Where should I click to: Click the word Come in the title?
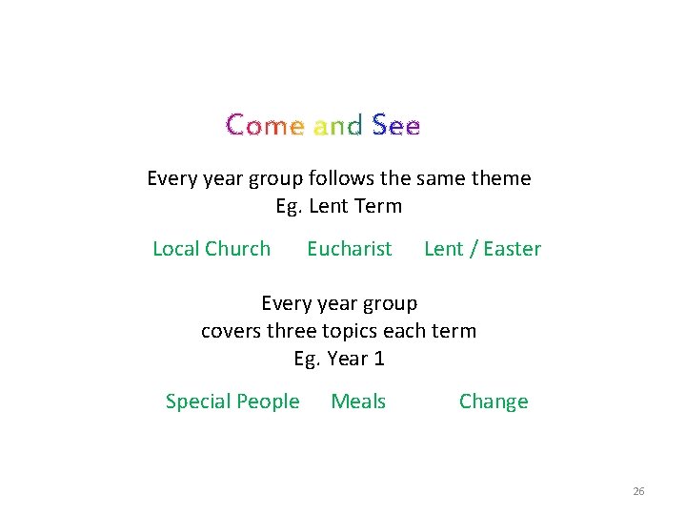click(265, 125)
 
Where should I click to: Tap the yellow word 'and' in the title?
click(337, 125)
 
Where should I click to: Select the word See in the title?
click(395, 125)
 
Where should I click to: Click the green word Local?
click(175, 249)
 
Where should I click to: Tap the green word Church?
click(238, 249)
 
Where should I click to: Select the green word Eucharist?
click(349, 249)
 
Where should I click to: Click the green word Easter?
click(512, 249)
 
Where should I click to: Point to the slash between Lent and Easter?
click(473, 249)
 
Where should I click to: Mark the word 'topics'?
click(351, 332)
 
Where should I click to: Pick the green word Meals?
click(358, 402)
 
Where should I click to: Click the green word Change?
click(494, 402)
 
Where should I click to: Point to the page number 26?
click(638, 491)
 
